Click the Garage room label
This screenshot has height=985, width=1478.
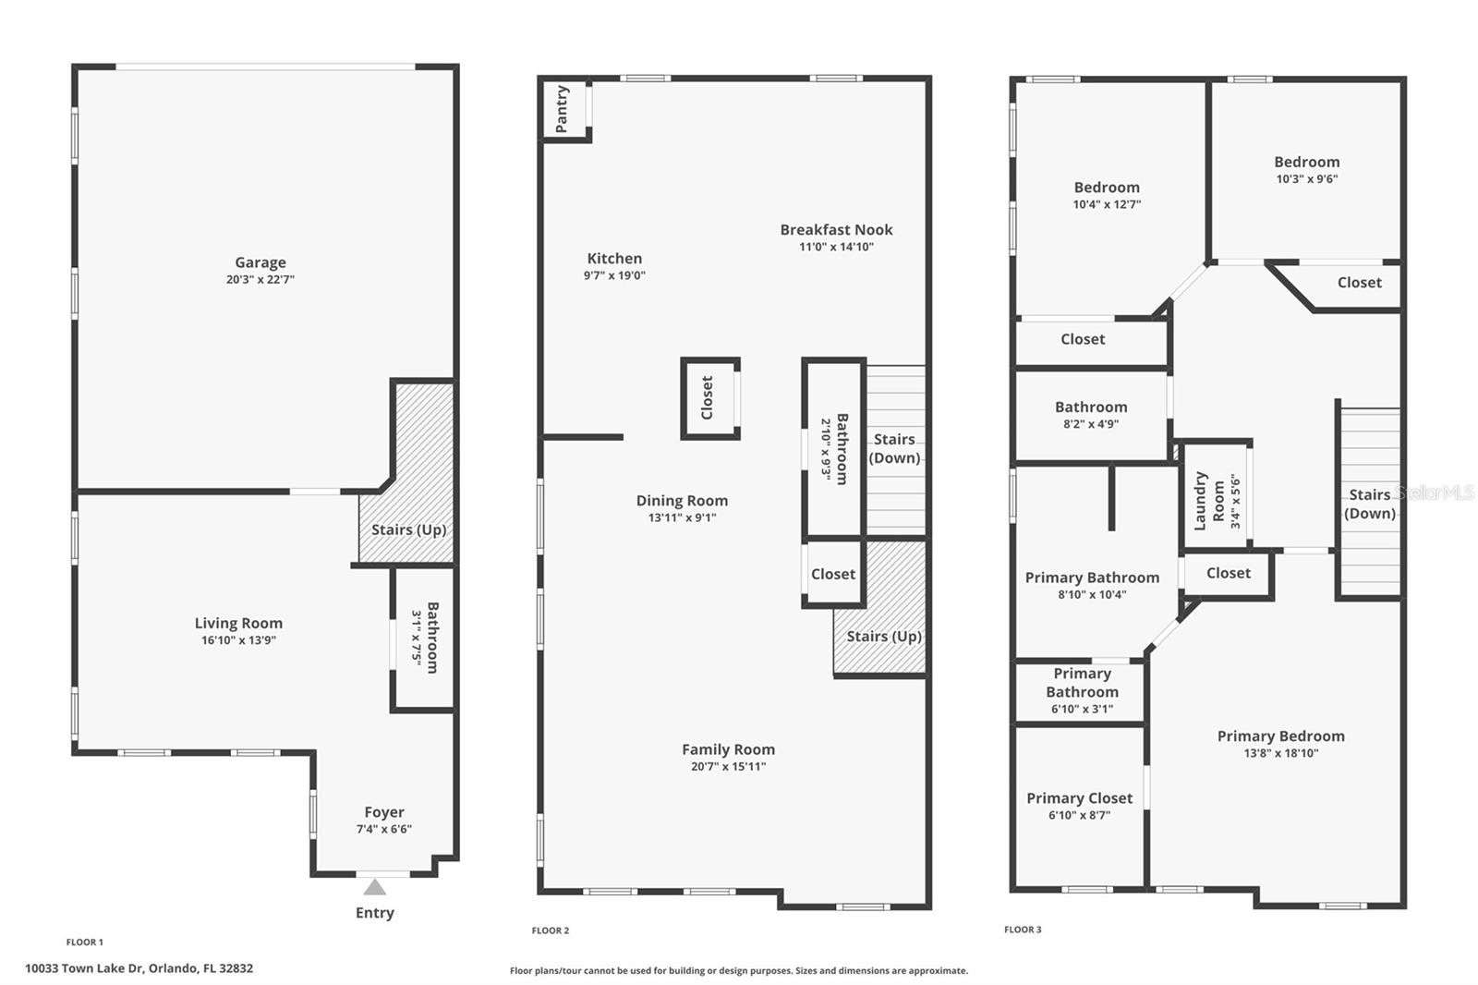260,262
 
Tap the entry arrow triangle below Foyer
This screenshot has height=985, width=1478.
374,888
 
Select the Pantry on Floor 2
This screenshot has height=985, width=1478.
563,109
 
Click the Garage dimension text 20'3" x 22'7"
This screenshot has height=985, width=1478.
260,279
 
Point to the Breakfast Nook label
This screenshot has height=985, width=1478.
836,229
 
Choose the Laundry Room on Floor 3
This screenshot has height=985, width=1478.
1217,500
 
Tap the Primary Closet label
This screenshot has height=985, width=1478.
1079,797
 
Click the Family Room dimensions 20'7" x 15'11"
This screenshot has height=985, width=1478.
728,766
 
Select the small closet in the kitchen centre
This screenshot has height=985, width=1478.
709,397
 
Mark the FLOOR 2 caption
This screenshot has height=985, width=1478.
551,930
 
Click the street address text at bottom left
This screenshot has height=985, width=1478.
139,968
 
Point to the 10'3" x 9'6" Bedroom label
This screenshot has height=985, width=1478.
1306,162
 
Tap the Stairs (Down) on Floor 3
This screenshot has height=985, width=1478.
1369,504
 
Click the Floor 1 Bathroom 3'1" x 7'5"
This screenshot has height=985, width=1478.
424,638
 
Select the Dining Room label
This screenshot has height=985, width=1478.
682,500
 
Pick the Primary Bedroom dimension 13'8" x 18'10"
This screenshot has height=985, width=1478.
1280,753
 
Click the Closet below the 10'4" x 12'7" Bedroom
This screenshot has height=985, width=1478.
1083,339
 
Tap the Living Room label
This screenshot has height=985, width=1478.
238,623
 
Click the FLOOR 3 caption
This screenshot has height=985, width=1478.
1023,930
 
